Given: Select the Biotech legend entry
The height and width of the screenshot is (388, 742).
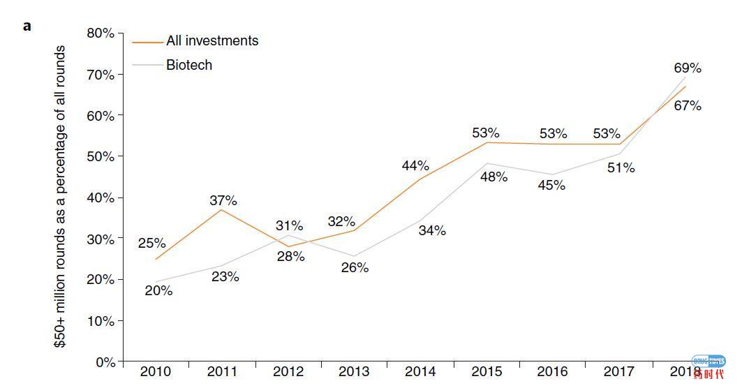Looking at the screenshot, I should click(188, 66).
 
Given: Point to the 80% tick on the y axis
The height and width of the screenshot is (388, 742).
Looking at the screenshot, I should click(101, 33).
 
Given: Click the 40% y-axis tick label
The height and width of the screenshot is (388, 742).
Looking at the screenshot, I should click(101, 198).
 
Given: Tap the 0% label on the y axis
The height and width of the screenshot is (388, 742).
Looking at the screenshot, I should click(105, 362).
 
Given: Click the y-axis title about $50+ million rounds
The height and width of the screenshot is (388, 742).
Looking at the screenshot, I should click(61, 197).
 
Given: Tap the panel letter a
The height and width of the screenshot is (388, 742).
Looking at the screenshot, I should click(27, 26).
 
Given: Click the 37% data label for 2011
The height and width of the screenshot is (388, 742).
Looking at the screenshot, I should click(223, 201).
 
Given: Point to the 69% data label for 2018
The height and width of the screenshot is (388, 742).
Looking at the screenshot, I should click(688, 68).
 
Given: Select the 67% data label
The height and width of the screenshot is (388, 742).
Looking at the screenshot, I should click(688, 106).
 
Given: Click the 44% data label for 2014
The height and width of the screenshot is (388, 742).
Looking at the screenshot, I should click(415, 166).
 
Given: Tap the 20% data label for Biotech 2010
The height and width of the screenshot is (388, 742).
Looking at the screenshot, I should click(158, 291).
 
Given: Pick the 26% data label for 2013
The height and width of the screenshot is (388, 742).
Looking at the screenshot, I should click(355, 268).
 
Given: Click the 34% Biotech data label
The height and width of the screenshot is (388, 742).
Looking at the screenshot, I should click(432, 231).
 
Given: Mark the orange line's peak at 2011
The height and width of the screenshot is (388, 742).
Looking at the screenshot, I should click(222, 209).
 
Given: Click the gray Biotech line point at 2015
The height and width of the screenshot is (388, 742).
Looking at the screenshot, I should click(487, 163).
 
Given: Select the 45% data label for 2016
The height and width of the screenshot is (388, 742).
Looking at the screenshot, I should click(551, 186).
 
